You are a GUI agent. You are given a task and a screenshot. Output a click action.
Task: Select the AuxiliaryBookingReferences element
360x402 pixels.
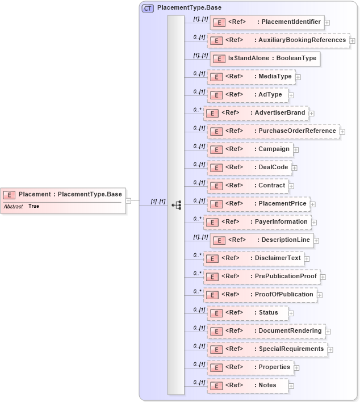278,41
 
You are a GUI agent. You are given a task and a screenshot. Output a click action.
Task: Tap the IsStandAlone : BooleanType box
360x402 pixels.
264,58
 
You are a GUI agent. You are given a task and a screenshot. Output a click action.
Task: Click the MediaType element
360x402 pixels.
250,77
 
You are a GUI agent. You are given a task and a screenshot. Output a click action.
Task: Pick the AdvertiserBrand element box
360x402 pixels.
256,113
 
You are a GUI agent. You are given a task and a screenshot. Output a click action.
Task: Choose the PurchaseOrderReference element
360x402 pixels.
274,131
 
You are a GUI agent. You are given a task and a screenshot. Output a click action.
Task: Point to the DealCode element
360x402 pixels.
250,167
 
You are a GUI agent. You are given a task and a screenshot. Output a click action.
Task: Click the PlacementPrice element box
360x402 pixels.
258,204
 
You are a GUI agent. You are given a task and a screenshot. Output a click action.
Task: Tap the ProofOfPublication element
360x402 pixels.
260,295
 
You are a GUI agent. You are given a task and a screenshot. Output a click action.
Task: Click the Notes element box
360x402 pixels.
248,386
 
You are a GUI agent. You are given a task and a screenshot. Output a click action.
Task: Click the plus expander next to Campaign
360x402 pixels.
296,150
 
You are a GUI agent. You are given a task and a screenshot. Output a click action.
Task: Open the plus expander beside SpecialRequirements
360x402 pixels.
330,349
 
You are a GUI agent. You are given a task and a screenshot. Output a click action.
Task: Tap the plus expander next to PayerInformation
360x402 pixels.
314,222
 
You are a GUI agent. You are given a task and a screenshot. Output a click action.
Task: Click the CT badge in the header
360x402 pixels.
148,9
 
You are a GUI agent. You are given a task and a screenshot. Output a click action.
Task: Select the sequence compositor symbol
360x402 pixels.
176,204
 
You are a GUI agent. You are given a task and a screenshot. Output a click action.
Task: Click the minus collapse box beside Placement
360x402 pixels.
129,200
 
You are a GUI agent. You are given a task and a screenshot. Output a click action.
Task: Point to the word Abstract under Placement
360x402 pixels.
13,207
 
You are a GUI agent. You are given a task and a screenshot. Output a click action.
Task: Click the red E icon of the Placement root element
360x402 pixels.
10,195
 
